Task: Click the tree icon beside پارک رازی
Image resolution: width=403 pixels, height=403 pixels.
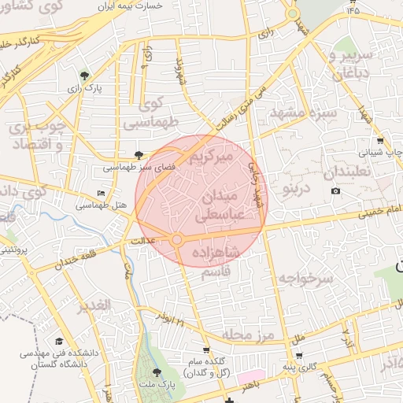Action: [84, 76]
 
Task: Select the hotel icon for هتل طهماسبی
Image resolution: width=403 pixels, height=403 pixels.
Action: [100, 193]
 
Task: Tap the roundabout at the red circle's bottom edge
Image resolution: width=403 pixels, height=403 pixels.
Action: [178, 238]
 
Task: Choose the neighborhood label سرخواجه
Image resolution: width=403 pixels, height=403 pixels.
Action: [306, 278]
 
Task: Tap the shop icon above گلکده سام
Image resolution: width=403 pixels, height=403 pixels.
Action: [207, 350]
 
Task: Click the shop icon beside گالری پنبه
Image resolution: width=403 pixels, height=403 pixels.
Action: [299, 356]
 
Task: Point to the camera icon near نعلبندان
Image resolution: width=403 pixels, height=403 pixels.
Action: [336, 191]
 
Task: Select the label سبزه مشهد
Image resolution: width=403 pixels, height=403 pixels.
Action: [303, 114]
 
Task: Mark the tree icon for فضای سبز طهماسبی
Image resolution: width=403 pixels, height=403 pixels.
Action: [139, 155]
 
